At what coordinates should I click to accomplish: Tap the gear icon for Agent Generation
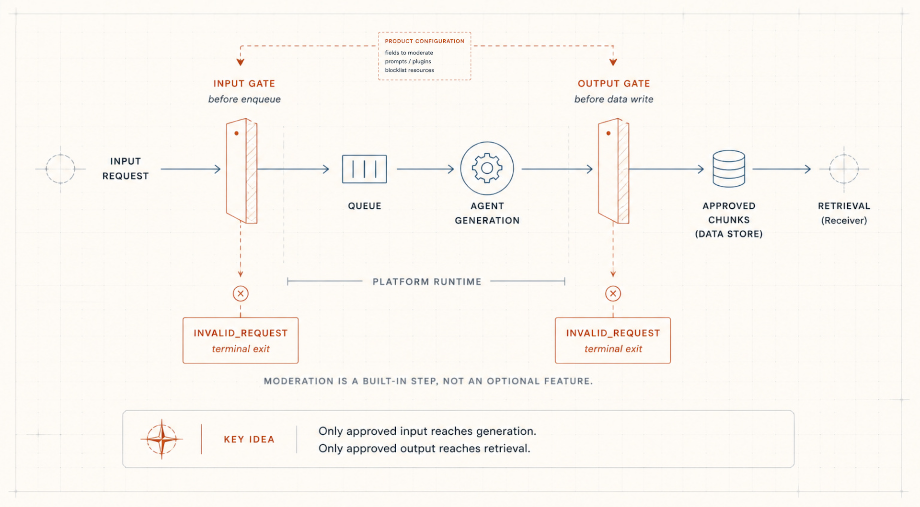coord(487,168)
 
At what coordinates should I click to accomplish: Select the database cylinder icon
coord(729,169)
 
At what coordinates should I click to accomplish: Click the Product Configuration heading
coord(425,41)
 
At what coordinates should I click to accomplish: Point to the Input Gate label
coord(244,83)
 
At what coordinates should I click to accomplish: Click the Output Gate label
coord(614,83)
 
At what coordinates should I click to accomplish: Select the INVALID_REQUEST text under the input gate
coord(241,333)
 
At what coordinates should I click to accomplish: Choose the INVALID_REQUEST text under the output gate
coord(613,333)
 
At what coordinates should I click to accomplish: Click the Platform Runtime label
coord(427,282)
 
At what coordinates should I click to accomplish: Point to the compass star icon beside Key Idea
coord(162,439)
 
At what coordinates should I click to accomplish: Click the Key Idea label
coord(249,439)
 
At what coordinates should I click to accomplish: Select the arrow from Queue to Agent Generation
coord(425,169)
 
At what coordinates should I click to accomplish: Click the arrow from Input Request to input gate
coord(191,169)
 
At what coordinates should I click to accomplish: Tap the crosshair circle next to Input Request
coord(60,155)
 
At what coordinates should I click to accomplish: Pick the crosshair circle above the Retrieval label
coord(844,155)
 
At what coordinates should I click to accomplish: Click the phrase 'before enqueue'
coord(244,99)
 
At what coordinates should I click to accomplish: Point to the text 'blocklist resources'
coord(409,70)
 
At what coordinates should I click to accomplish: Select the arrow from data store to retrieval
coord(782,169)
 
